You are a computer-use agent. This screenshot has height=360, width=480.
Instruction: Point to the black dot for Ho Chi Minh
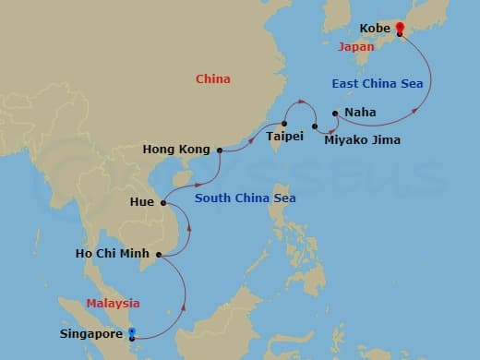(159, 255)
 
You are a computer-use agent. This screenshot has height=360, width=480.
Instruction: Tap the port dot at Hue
(162, 203)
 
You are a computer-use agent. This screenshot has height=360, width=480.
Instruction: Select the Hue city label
(142, 200)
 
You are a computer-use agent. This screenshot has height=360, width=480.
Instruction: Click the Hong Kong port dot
(219, 150)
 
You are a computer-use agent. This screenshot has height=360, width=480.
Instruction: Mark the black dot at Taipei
(284, 124)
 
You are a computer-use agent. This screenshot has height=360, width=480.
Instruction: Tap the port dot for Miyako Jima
(316, 126)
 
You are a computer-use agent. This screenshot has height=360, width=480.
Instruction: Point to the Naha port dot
(334, 114)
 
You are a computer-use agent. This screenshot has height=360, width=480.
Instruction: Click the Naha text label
(359, 114)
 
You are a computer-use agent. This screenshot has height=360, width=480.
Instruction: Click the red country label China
(213, 79)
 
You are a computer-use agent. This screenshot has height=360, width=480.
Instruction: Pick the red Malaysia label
(114, 303)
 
